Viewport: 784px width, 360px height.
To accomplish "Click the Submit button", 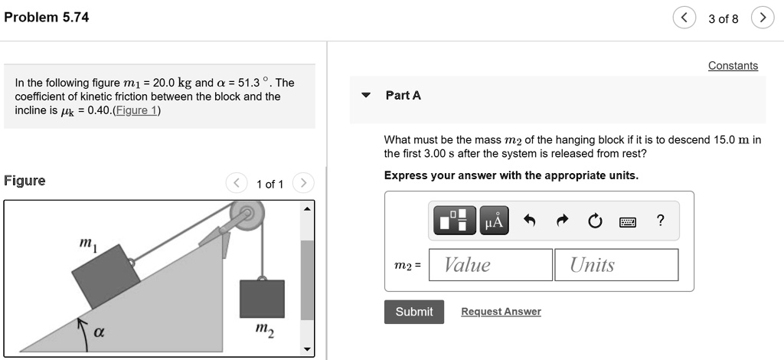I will pos(414,312).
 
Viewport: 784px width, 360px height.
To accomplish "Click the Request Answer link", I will pos(501,312).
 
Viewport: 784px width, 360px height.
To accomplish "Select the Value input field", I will pos(491,265).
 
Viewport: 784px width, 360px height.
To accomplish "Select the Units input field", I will pos(616,265).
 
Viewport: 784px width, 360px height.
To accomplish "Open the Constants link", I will pos(733,66).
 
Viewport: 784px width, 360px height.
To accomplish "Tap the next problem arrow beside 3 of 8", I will pos(762,18).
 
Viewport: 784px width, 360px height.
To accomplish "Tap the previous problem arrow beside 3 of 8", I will pos(684,18).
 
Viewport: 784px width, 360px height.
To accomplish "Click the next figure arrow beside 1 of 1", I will pos(304,184).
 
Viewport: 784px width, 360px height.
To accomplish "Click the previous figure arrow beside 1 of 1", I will pos(237,184).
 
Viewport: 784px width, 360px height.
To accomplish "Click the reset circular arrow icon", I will pos(594,222).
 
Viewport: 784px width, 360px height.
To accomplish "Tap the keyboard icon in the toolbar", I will pos(628,222).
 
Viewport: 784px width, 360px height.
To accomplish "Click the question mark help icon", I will pos(661,221).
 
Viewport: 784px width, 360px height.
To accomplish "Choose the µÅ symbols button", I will pos(494,221).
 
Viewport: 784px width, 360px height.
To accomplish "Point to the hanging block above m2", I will pos(262,299).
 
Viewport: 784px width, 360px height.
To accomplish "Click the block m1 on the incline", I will pos(106,277).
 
